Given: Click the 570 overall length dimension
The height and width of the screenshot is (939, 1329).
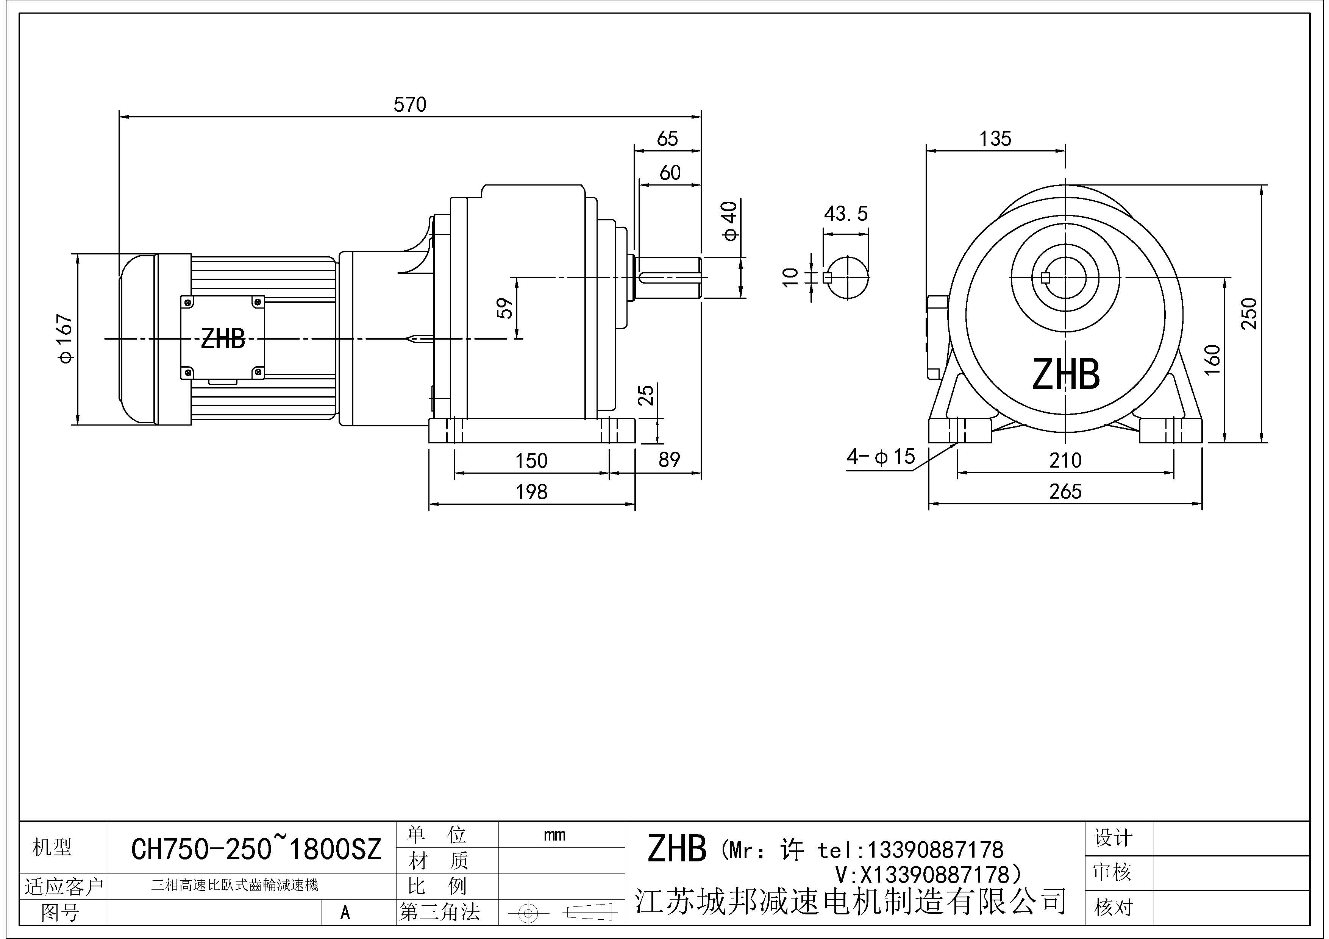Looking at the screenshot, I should click(x=409, y=105).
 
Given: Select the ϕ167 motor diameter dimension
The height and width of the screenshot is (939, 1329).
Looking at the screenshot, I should click(x=66, y=338).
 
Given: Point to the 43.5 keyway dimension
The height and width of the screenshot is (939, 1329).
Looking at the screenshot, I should click(x=846, y=214).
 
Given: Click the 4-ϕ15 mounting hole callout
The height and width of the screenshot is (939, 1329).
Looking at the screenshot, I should click(x=881, y=457).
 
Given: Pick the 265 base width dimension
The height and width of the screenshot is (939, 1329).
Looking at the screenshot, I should click(x=1065, y=492).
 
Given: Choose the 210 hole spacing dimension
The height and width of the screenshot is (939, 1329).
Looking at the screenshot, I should click(x=1065, y=460).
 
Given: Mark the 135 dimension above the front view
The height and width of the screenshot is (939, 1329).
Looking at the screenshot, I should click(x=995, y=139).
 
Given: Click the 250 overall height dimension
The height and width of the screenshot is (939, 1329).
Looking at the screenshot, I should click(x=1249, y=313).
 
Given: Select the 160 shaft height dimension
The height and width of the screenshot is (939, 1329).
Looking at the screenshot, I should click(x=1212, y=359).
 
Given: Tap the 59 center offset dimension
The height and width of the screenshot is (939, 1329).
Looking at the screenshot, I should click(x=505, y=308).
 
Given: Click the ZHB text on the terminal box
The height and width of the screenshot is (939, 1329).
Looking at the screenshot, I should click(x=223, y=339).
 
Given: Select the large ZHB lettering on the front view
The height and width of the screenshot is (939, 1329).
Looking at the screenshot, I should click(x=1066, y=374).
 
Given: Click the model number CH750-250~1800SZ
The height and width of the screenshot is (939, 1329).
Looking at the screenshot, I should click(x=256, y=849).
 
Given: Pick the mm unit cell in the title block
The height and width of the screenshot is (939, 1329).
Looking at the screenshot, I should click(x=554, y=835).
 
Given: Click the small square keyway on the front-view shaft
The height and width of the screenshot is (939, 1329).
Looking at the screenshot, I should click(x=1045, y=278).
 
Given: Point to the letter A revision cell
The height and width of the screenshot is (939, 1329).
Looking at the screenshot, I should click(x=345, y=912).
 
